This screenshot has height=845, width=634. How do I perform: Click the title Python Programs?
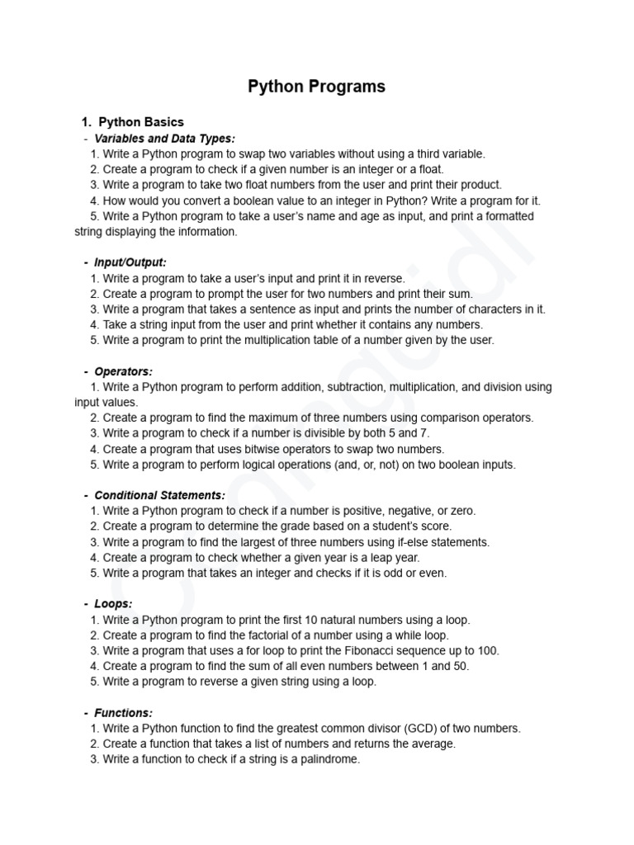317,87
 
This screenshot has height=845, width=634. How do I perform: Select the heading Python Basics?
141,122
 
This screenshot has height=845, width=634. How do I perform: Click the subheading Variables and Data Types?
164,138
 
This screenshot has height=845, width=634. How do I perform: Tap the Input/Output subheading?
130,262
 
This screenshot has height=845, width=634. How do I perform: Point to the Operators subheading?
123,371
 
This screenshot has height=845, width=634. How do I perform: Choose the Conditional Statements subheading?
159,495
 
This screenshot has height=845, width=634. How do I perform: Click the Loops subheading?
113,604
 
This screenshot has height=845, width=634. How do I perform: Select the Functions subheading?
123,713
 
